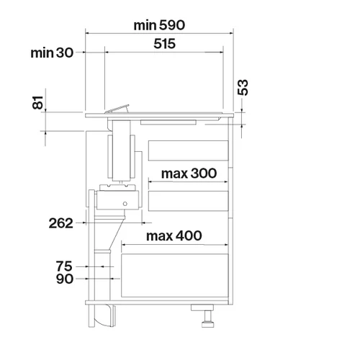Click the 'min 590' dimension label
tap(159, 25)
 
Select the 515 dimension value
tap(164, 44)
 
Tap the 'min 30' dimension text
tap(52, 53)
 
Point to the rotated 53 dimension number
tap(243, 87)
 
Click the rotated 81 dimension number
tap(37, 103)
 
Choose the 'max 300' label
tap(189, 174)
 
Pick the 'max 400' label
tap(174, 236)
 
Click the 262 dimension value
tap(61, 223)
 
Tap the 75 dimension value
tap(64, 266)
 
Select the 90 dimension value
tap(65, 279)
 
